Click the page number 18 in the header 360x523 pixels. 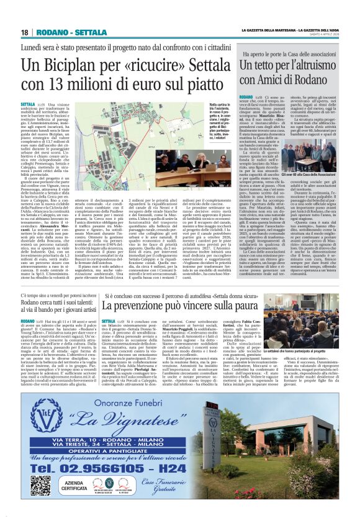[x=25, y=32]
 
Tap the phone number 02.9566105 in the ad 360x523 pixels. [x=76, y=462]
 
